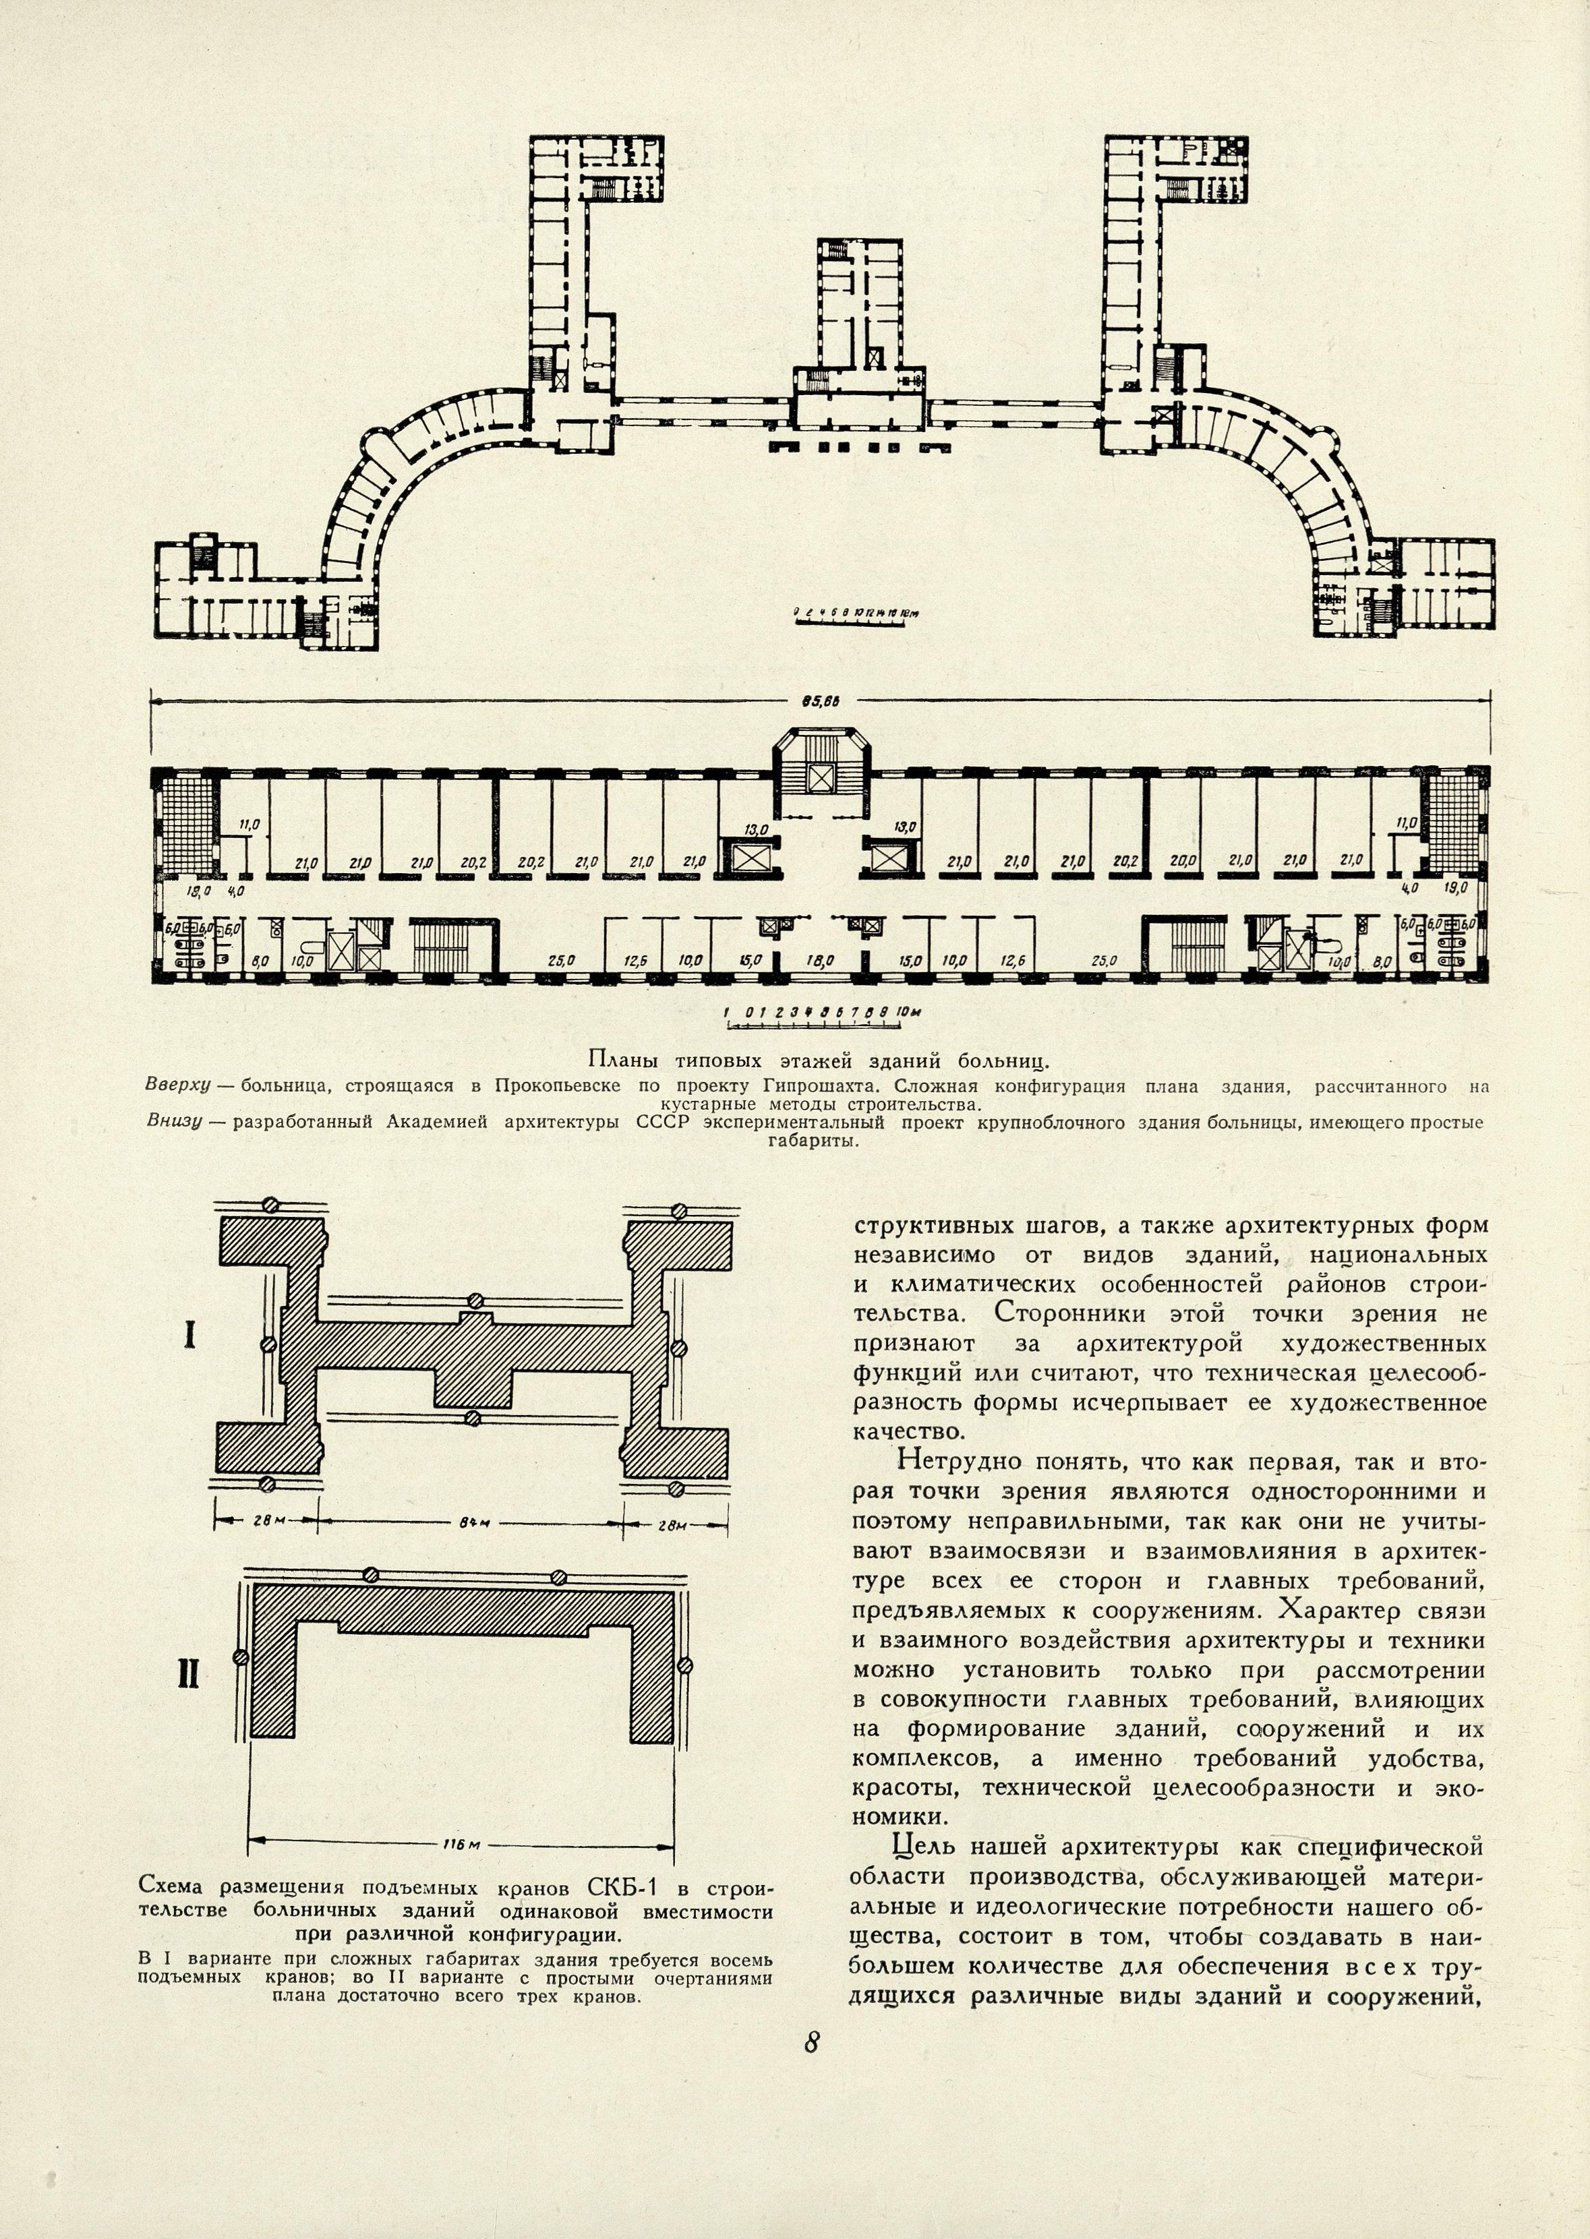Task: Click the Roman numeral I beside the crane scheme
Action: coord(189,1336)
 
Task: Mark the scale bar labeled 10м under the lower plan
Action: coord(813,1018)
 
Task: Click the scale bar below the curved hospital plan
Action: coord(858,614)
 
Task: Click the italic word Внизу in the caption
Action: coord(173,1122)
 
